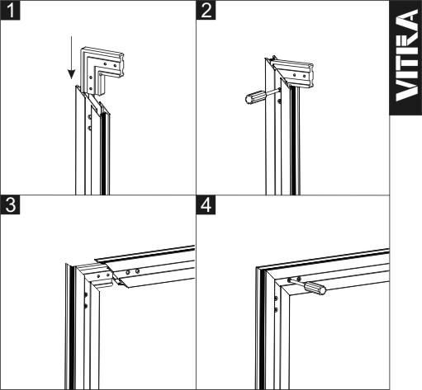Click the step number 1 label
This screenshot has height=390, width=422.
pyautogui.click(x=10, y=10)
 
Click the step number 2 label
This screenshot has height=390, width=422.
pyautogui.click(x=206, y=10)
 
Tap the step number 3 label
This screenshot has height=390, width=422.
pyautogui.click(x=10, y=204)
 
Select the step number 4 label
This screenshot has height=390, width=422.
pyautogui.click(x=206, y=204)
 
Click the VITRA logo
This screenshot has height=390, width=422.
pyautogui.click(x=406, y=56)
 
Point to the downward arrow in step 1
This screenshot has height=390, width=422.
pyautogui.click(x=71, y=58)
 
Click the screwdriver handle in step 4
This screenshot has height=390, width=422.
pyautogui.click(x=315, y=288)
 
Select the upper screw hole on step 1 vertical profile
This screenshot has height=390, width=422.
pyautogui.click(x=89, y=117)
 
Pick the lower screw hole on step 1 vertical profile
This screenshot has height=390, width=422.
pyautogui.click(x=89, y=128)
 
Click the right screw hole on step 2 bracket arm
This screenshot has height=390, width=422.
pyautogui.click(x=304, y=76)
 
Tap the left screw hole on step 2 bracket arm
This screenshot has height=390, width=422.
pyautogui.click(x=294, y=75)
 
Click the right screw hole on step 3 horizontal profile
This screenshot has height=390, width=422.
pyautogui.click(x=137, y=271)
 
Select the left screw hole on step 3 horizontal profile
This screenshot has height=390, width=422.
pyautogui.click(x=128, y=273)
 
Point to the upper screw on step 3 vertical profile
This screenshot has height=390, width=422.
pyautogui.click(x=86, y=295)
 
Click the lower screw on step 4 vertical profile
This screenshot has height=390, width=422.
pyautogui.click(x=276, y=309)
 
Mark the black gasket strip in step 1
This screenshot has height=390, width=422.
pyautogui.click(x=103, y=154)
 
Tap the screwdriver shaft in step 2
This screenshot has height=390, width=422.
pyautogui.click(x=273, y=92)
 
